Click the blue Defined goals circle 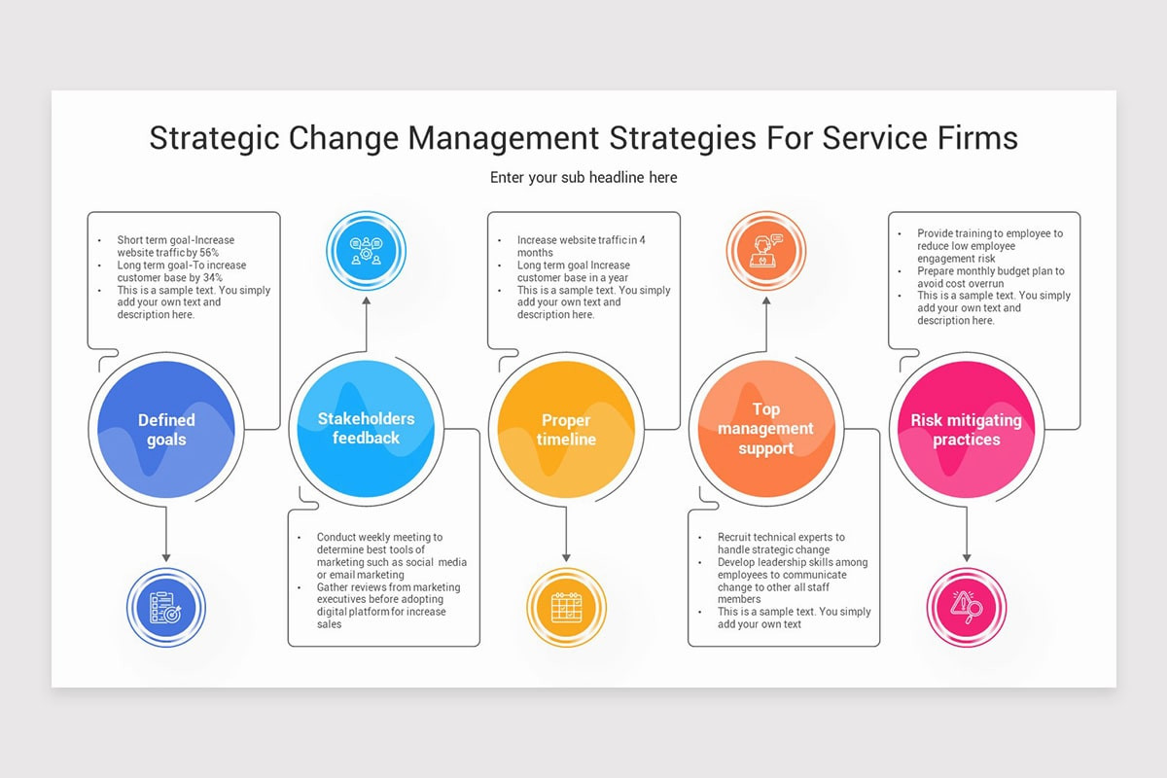point(166,429)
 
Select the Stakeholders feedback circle point(366,429)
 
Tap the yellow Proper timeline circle point(566,429)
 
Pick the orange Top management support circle point(766,429)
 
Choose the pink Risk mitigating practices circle point(966,429)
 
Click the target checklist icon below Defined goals point(166,608)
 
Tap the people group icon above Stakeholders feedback point(367,251)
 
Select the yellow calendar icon point(566,608)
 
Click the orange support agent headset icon point(766,251)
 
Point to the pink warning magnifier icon point(966,608)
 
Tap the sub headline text point(583,178)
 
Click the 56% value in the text point(209,253)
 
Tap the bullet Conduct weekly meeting point(379,537)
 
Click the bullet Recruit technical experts point(781,537)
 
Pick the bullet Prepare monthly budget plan point(990,271)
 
